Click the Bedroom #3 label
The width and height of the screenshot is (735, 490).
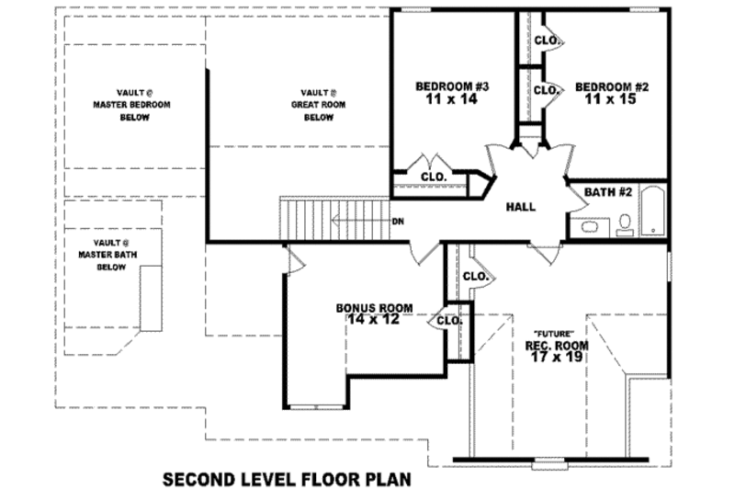pyautogui.click(x=451, y=86)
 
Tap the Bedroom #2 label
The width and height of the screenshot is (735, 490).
pyautogui.click(x=612, y=86)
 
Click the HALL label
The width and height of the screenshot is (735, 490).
pyautogui.click(x=521, y=207)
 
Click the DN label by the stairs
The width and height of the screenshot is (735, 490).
pyautogui.click(x=398, y=222)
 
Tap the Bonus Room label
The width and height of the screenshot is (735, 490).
pyautogui.click(x=374, y=307)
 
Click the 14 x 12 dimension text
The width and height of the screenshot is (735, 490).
pyautogui.click(x=374, y=320)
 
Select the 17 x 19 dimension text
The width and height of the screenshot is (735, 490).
pyautogui.click(x=556, y=357)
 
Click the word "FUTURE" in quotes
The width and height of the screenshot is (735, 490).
pyautogui.click(x=555, y=332)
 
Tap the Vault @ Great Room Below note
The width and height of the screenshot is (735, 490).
pyautogui.click(x=318, y=105)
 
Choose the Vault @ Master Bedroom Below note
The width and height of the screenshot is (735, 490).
pyautogui.click(x=134, y=105)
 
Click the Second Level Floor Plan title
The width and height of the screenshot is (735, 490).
pyautogui.click(x=285, y=479)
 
